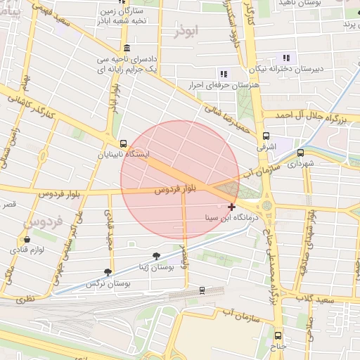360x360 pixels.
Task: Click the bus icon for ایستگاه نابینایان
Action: pos(124,143)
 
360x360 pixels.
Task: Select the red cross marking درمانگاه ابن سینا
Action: pos(232,207)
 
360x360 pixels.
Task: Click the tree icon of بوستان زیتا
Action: pos(156,257)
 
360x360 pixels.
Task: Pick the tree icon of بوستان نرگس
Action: pos(108,272)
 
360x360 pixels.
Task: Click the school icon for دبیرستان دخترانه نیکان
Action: pos(285,58)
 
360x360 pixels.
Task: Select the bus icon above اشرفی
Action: pos(266,136)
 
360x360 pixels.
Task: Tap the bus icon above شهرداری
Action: pos(300,152)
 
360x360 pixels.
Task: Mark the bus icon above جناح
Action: pos(278,335)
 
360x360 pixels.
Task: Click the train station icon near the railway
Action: pos(202,289)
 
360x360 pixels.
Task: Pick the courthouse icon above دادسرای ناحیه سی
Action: pos(126,48)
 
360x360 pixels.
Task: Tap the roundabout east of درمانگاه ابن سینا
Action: pos(267,205)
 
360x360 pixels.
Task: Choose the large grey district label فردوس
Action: pos(46,221)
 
